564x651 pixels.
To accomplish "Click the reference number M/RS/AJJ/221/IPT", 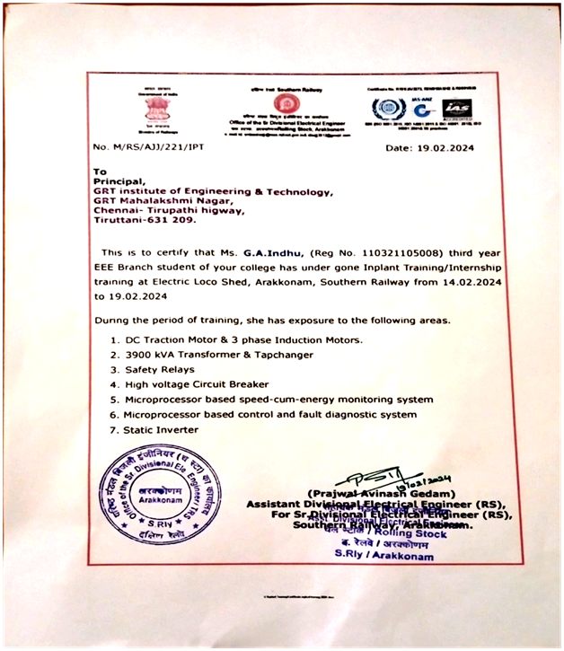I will (147, 146).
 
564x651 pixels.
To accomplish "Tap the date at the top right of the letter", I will (430, 146).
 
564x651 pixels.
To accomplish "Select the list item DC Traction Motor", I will (174, 339).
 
